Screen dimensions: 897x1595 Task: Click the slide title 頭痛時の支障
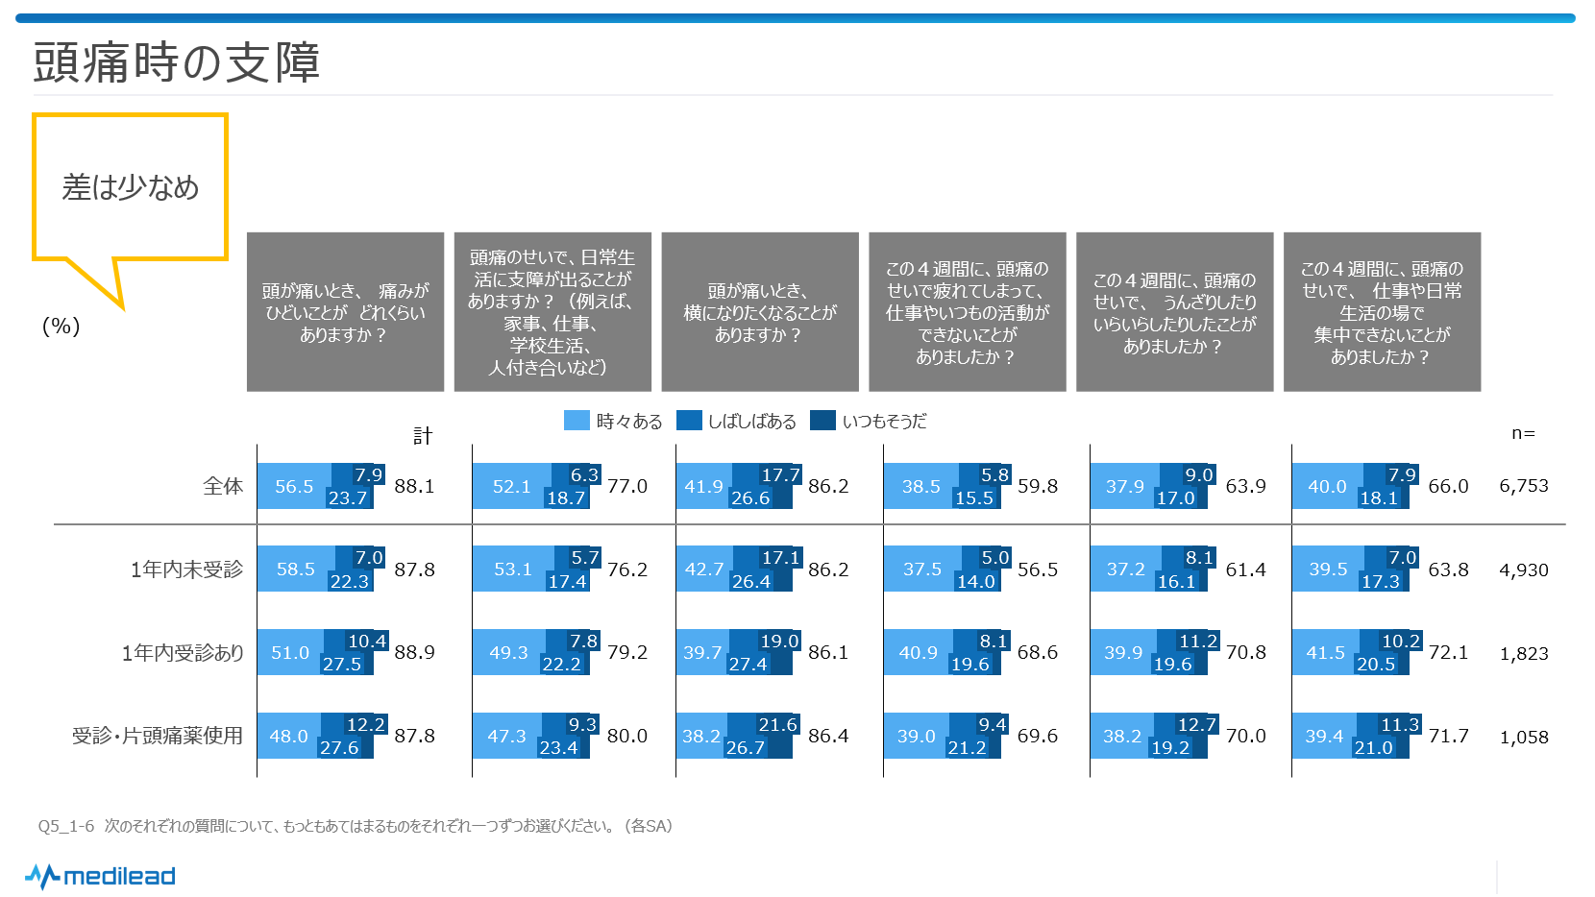177,63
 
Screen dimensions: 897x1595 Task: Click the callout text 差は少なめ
131,187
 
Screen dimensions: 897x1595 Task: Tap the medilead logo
101,876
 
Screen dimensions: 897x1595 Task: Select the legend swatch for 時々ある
577,421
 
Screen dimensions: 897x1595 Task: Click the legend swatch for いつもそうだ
822,421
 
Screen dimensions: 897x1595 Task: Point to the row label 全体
223,486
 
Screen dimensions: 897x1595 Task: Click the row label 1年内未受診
186,570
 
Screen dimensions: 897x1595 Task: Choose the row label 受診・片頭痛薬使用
158,736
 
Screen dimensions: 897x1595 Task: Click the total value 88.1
414,486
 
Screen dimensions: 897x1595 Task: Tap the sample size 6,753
1524,486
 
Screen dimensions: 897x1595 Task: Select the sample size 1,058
1524,737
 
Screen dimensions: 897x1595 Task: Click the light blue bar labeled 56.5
294,486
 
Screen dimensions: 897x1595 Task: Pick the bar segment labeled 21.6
777,724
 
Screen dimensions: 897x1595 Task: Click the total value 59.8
1038,486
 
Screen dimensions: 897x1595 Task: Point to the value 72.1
1448,653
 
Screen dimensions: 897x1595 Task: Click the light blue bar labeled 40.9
918,653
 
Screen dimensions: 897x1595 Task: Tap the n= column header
1523,433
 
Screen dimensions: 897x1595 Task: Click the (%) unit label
61,327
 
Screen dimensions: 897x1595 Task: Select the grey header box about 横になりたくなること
760,312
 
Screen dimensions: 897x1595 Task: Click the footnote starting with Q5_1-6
356,826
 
